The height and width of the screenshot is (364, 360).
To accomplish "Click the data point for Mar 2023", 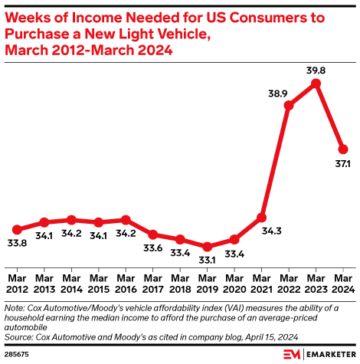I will click(316, 83).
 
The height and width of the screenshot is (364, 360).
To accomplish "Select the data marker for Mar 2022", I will click(289, 106).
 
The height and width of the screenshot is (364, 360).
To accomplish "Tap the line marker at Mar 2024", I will click(343, 149).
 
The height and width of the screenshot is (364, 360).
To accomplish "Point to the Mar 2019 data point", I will click(207, 247).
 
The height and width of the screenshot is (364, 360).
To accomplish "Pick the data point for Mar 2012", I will click(17, 229).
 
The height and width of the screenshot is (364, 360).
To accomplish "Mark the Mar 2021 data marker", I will click(261, 218).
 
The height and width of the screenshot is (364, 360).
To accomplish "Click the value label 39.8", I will click(316, 70).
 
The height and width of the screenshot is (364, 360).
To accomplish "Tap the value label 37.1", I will click(343, 164).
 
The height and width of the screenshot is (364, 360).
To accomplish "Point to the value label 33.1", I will click(207, 260).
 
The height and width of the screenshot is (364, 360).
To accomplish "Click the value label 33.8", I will click(17, 243).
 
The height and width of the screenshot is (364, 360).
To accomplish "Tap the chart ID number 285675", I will click(16, 355).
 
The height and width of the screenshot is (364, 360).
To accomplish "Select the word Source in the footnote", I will click(19, 336).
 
